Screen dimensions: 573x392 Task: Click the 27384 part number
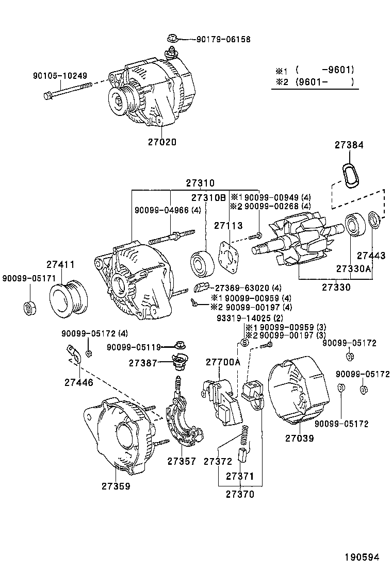(x=349, y=146)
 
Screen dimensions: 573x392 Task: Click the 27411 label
(x=60, y=265)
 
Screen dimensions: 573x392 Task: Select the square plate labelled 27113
(x=226, y=256)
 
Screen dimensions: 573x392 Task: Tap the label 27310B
(x=208, y=198)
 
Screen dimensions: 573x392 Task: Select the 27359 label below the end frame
(x=116, y=485)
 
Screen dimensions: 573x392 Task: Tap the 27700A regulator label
(x=223, y=362)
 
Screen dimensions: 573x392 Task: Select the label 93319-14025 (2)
(x=250, y=318)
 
